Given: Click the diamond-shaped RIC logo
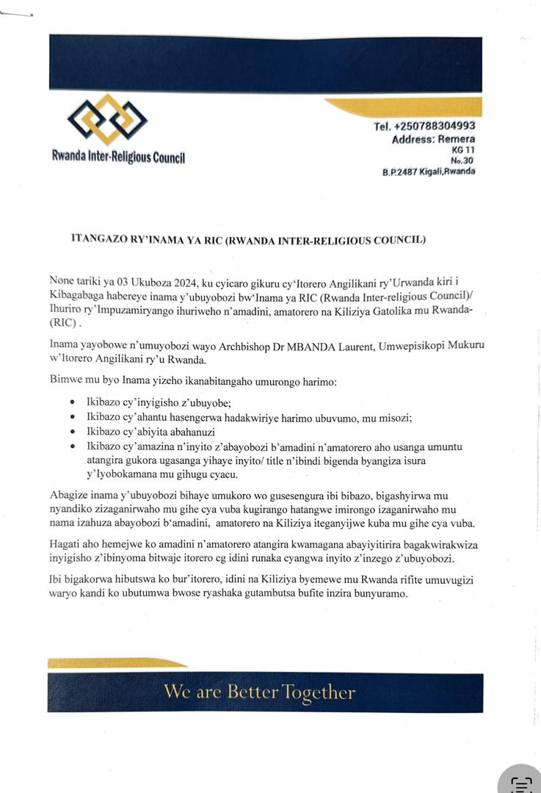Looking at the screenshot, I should click(107, 120).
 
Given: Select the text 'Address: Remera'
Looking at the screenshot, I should click(433, 140).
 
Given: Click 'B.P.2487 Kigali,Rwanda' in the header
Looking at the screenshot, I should click(428, 171).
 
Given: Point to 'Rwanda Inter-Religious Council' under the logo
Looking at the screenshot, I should click(118, 156).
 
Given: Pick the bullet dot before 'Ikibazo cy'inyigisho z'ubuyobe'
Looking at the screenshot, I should click(72, 403).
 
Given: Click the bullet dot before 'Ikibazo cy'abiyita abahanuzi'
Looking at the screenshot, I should click(72, 432).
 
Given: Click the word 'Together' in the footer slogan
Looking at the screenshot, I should click(319, 692).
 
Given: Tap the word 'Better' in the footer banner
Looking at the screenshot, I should click(253, 692).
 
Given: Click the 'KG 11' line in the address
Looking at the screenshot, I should click(463, 150).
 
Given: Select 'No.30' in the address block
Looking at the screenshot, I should click(462, 160).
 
